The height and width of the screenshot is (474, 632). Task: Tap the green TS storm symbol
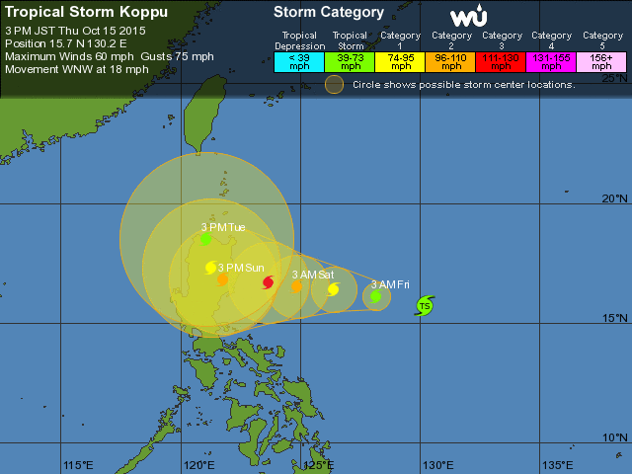[425, 305]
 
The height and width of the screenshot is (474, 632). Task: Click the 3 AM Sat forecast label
[312, 274]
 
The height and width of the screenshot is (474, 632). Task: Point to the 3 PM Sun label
[241, 268]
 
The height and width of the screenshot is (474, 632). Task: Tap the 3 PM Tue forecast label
[223, 227]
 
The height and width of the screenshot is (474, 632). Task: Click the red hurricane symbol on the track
[269, 282]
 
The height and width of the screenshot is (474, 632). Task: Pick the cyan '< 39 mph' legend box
[299, 61]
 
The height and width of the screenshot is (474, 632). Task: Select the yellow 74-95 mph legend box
[401, 61]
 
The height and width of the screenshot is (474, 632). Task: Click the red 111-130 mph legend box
[503, 61]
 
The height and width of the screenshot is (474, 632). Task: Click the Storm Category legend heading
[329, 13]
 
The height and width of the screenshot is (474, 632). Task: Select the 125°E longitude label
[318, 465]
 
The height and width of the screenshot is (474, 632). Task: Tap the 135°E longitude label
[557, 465]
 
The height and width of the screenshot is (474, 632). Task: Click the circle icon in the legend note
[334, 84]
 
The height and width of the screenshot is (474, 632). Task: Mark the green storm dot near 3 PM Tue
[205, 239]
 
